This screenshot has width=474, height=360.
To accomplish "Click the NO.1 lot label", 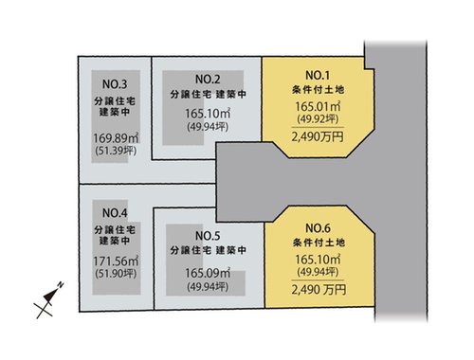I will pyautogui.click(x=316, y=75).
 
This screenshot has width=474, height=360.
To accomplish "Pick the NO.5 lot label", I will pyautogui.click(x=207, y=234).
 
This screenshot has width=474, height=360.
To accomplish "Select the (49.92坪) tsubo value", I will pyautogui.click(x=316, y=120).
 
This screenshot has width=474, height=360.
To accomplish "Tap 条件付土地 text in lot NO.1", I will pyautogui.click(x=316, y=89).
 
